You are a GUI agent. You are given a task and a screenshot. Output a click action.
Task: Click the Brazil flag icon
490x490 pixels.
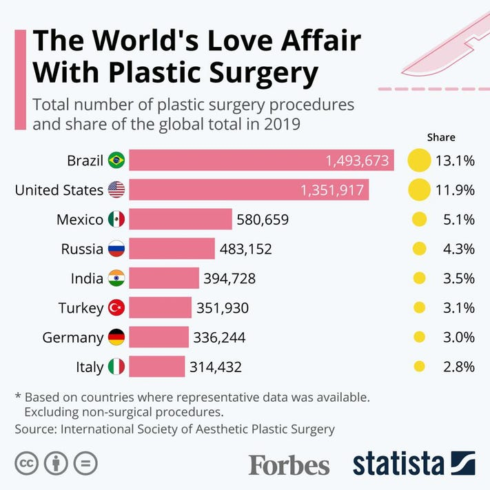[116, 160]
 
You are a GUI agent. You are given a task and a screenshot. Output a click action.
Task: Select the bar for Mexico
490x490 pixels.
[181, 219]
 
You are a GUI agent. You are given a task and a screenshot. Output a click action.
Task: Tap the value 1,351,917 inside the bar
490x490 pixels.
[332, 190]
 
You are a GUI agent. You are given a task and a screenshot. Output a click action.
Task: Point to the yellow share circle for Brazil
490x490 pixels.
[420, 161]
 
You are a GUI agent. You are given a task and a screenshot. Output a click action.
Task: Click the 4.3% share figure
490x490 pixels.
[459, 249]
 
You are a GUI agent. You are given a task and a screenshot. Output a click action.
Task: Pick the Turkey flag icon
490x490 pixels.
[116, 307]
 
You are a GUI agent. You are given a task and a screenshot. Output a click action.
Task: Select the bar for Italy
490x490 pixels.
[157, 366]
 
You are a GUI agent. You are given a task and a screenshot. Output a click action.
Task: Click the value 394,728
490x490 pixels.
[229, 278]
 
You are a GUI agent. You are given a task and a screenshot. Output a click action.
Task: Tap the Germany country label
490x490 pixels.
[73, 338]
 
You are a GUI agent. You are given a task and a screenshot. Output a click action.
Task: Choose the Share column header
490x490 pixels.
[441, 137]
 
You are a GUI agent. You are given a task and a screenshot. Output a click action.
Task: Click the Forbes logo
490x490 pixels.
[289, 465]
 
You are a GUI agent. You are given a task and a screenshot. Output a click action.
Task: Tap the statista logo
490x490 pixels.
[414, 463]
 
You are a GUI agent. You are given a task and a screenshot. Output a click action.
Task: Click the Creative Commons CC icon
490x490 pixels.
[27, 463]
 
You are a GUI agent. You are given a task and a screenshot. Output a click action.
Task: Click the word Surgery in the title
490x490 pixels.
[263, 74]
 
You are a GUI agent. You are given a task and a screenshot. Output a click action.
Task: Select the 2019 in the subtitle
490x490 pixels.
[282, 124]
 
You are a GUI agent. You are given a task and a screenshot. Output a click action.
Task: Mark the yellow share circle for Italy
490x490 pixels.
[420, 366]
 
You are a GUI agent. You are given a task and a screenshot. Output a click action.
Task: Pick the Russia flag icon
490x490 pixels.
[116, 249]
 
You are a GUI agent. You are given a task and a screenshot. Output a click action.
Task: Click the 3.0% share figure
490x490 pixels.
[459, 338]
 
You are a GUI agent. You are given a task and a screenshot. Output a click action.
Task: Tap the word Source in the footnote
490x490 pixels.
[36, 429]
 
